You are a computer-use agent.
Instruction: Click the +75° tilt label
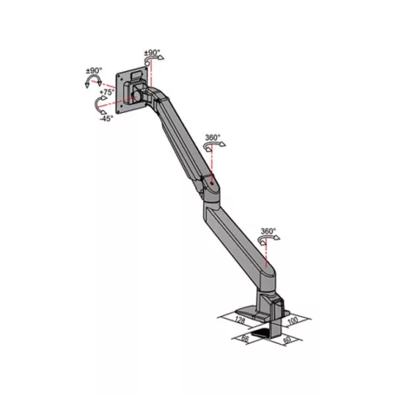(x=107, y=91)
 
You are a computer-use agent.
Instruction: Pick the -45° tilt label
(x=107, y=119)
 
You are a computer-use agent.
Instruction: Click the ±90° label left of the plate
(x=94, y=70)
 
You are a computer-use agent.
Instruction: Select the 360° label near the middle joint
(x=212, y=138)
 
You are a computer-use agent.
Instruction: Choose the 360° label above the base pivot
(x=268, y=232)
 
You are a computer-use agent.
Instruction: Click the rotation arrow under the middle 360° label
(x=208, y=148)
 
